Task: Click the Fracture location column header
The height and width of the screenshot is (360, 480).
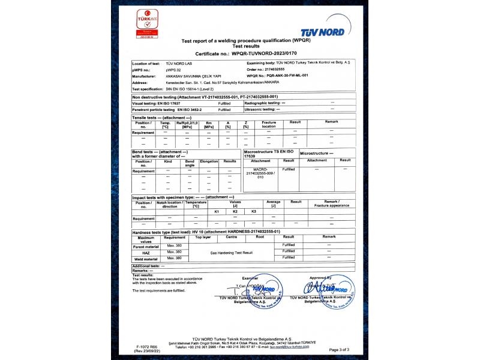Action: (269, 124)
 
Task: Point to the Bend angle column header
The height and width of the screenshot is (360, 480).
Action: (190, 163)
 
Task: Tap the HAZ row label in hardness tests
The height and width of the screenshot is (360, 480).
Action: (146, 252)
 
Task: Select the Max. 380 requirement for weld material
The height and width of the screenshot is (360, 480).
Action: (174, 258)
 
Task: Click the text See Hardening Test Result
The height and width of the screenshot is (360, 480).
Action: (232, 253)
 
